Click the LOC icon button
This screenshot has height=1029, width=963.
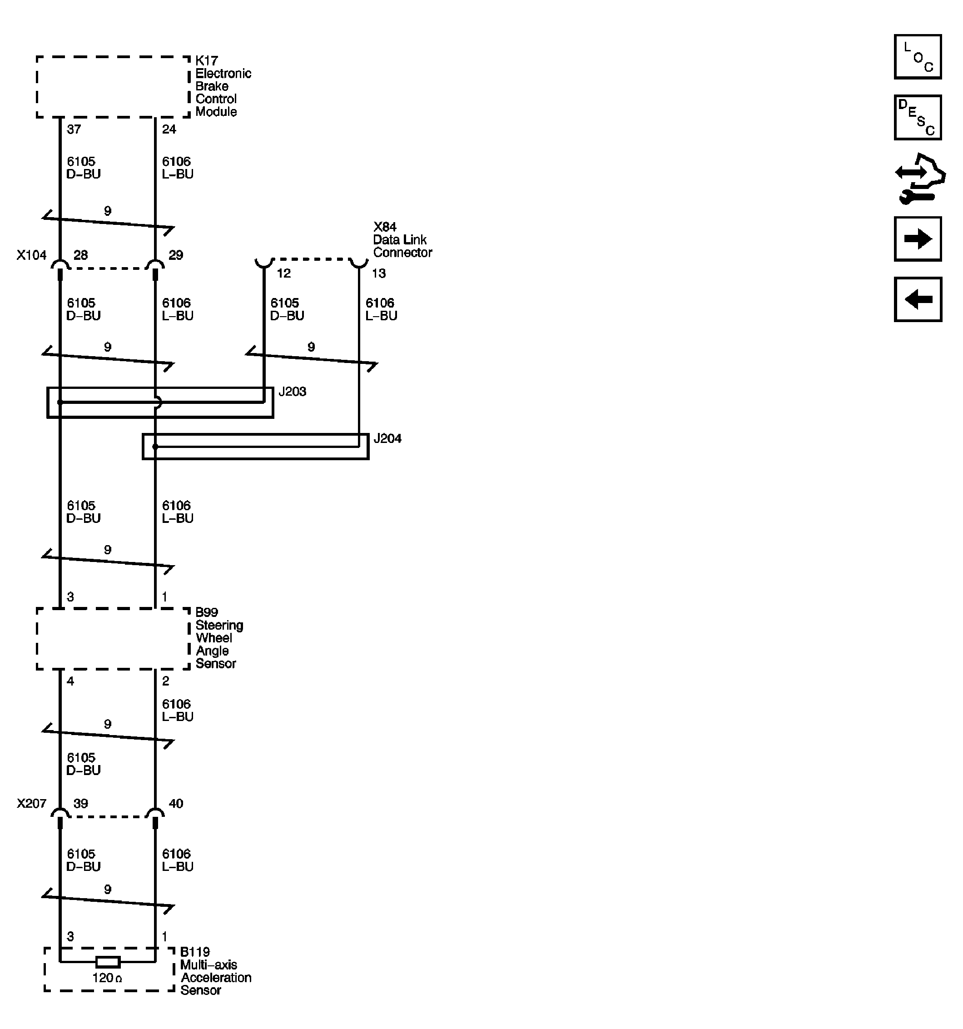tap(917, 57)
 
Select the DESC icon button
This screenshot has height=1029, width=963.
tap(917, 118)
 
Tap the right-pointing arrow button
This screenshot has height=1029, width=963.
tap(917, 239)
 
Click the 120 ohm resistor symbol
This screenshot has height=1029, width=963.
tap(108, 962)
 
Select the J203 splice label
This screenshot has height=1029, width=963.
tap(293, 392)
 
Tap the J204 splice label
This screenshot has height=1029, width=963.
tap(387, 439)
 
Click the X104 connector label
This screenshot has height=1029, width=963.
tap(31, 255)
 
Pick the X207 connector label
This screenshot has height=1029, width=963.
tap(31, 804)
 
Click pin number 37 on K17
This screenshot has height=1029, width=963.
tap(74, 129)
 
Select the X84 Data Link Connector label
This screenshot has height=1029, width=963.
tap(402, 240)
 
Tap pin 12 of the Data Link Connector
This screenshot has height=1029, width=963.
tap(283, 273)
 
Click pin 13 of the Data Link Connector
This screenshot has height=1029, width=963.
tap(379, 273)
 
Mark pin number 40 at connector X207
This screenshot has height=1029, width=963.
tap(176, 804)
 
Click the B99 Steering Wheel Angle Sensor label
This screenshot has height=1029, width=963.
tap(218, 638)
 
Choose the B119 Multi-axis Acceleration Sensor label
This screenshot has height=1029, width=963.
tap(215, 971)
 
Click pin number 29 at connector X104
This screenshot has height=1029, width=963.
tap(176, 255)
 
